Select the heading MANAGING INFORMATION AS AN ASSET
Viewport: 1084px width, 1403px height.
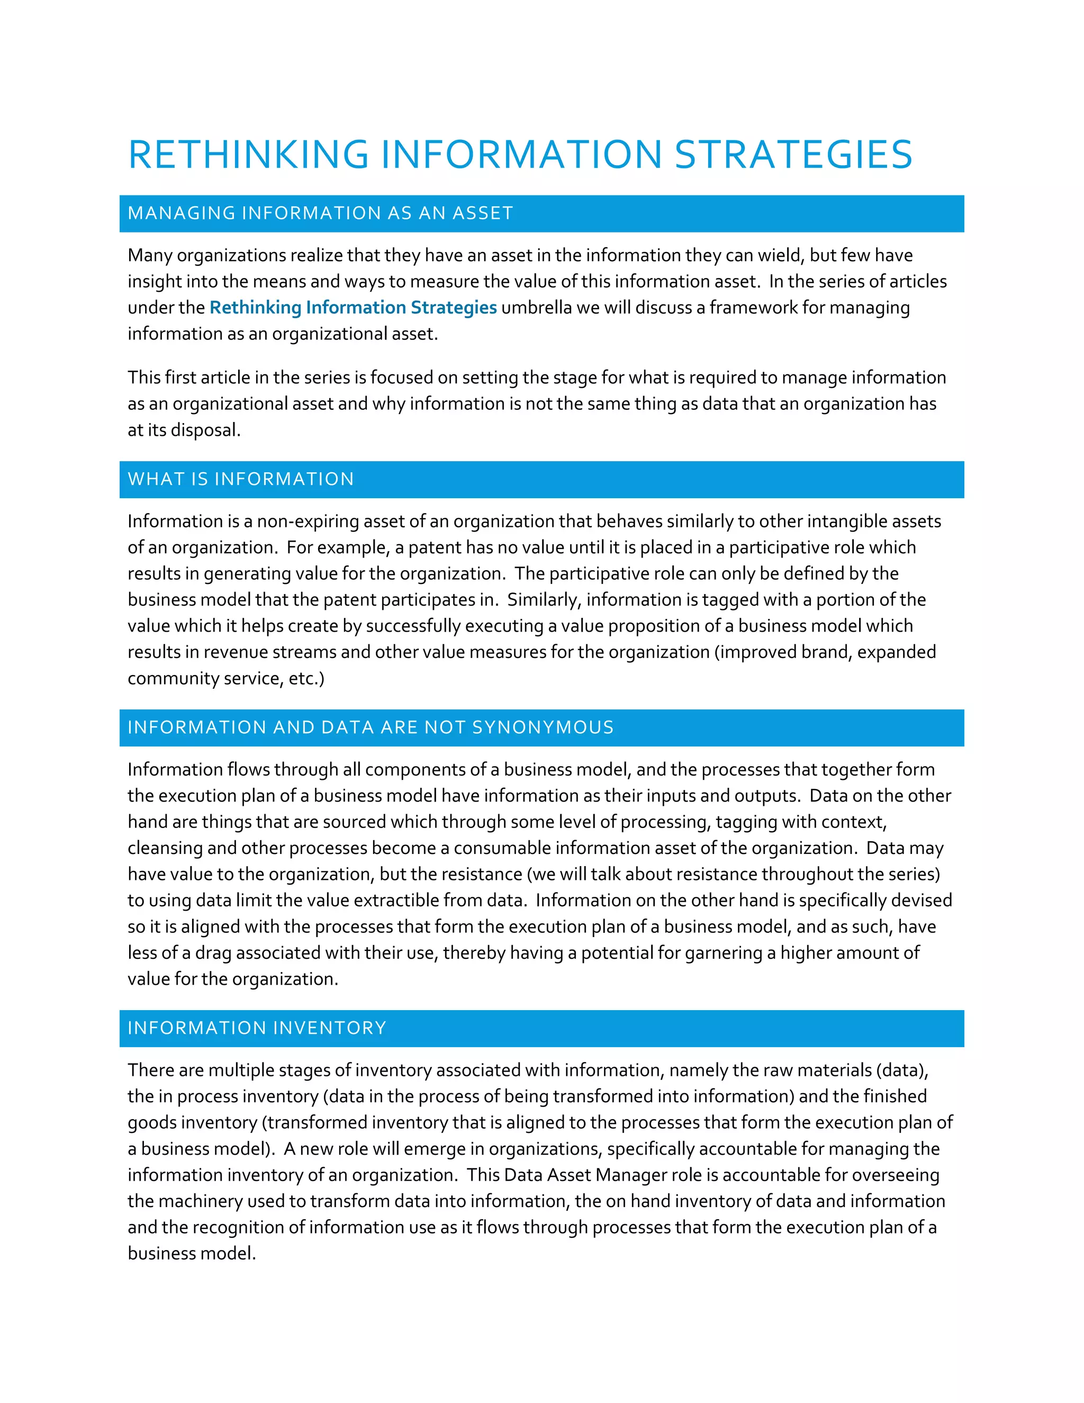click(320, 213)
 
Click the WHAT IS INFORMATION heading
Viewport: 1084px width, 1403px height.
click(241, 479)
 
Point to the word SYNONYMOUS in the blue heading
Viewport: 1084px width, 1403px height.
click(543, 727)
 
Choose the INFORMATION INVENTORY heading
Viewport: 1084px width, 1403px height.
click(257, 1028)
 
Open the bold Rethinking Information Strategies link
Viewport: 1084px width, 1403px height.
click(353, 308)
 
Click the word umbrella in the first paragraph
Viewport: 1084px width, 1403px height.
click(536, 308)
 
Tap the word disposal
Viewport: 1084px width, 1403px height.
click(205, 430)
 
